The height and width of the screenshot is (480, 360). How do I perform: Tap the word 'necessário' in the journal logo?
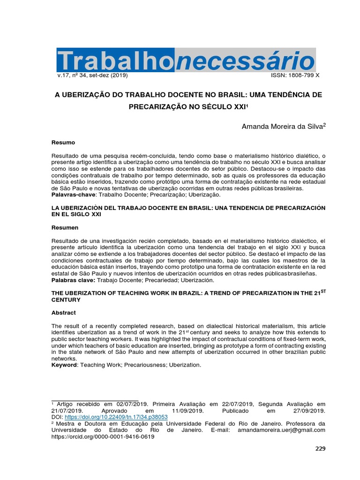(245, 60)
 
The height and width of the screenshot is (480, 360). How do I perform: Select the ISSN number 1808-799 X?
(296, 75)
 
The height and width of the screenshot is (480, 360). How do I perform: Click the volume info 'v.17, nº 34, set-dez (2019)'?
(93, 75)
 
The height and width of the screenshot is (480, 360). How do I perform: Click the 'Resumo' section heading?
(63, 142)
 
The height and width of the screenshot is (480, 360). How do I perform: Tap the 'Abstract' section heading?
(63, 312)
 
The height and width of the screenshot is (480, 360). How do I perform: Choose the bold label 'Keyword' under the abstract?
(64, 365)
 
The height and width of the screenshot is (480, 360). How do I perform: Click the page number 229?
(320, 449)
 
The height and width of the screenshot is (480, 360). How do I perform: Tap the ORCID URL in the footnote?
(103, 436)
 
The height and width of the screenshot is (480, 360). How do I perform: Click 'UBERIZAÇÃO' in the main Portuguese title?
(89, 95)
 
